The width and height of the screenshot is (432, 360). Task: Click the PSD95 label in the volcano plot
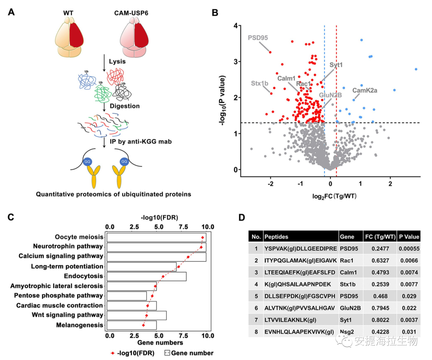click(x=258, y=38)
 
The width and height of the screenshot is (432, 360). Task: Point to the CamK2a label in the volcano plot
click(x=364, y=91)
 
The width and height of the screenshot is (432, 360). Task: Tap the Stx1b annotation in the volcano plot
click(x=260, y=84)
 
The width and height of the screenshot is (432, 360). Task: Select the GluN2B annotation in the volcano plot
click(x=330, y=95)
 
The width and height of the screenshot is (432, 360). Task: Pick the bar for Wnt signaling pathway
click(x=136, y=315)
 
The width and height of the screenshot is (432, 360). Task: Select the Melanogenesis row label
click(x=79, y=325)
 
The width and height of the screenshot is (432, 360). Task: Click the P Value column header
click(x=409, y=237)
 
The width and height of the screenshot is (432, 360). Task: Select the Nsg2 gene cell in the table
click(x=347, y=331)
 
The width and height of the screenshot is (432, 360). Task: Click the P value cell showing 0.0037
click(x=409, y=319)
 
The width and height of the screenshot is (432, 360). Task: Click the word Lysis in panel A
click(x=117, y=62)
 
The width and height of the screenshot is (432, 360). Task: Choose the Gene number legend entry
click(x=189, y=353)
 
